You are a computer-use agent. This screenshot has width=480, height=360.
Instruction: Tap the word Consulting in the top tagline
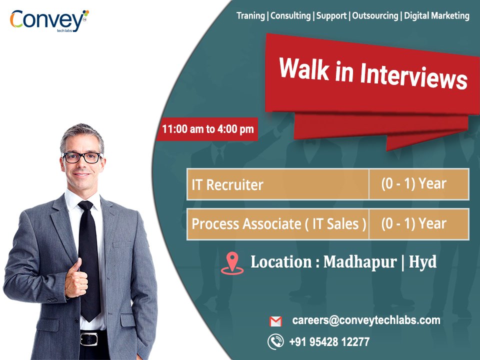[290, 16]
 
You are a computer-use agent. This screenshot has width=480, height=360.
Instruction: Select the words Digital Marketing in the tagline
[436, 16]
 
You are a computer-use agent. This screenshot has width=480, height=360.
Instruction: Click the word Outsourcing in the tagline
[375, 16]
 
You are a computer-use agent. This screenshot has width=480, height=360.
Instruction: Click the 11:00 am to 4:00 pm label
[207, 129]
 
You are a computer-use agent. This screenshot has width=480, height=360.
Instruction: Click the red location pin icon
[231, 263]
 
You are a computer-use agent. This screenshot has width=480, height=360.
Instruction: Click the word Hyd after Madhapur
[422, 262]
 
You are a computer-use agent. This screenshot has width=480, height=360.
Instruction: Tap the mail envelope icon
[275, 321]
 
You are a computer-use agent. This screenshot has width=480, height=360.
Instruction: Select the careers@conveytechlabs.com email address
[366, 320]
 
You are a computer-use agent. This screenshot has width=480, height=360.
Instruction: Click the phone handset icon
[275, 342]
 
